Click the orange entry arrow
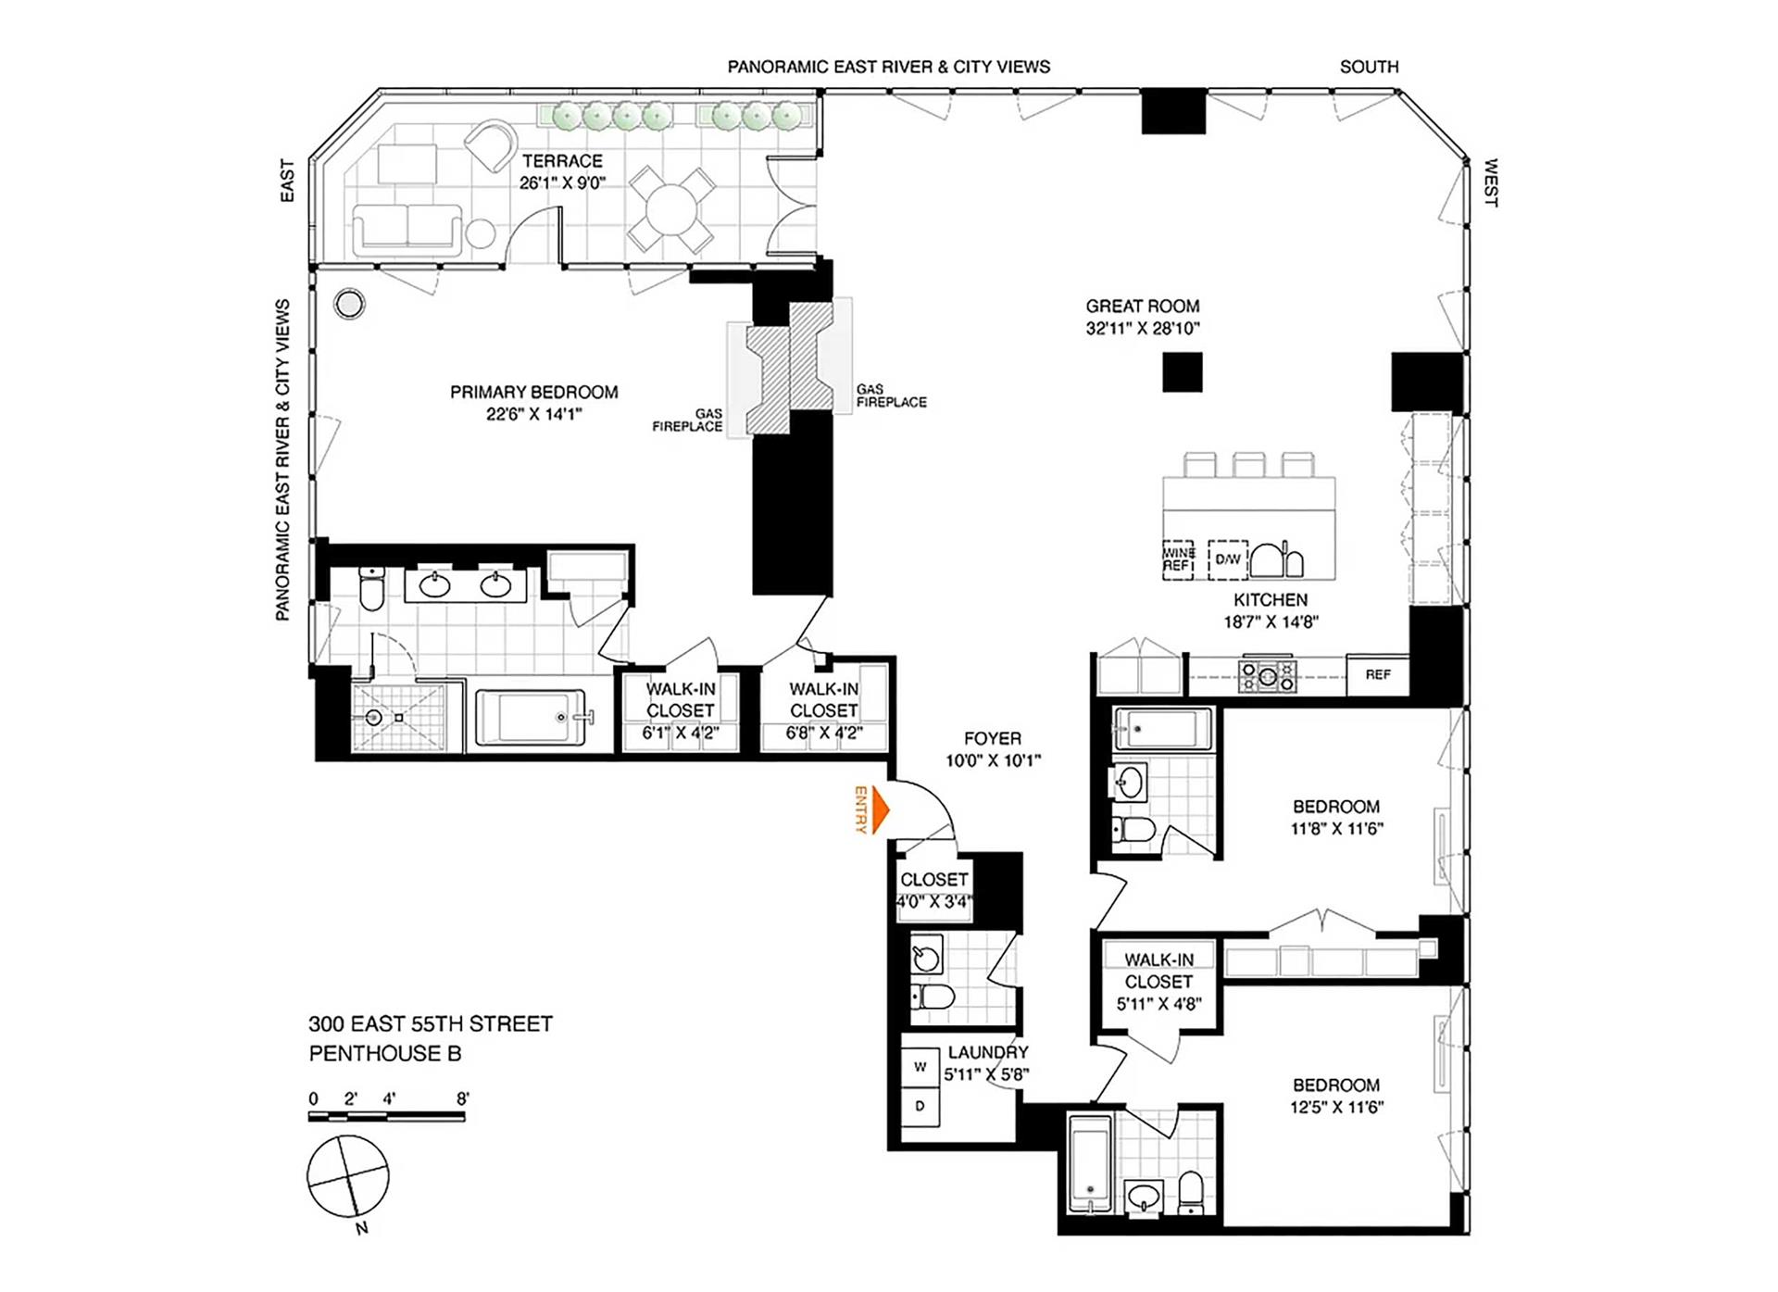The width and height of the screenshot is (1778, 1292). coord(880,810)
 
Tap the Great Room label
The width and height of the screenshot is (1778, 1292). coord(1142,307)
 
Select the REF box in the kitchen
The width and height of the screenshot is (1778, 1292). coord(1377,675)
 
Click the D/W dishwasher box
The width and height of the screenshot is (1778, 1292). coord(1228,559)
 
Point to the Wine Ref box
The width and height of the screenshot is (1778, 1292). coord(1178,559)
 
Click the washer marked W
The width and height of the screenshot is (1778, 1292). coord(920,1067)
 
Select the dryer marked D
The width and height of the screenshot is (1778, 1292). coord(920,1106)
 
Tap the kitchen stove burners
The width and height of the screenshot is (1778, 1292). coord(1268,676)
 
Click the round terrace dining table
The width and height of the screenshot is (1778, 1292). coord(672,210)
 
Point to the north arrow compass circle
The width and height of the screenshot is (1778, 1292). coord(348,1176)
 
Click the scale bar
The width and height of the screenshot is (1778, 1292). coord(386,1117)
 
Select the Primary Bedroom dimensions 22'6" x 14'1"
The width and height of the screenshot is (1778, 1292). coord(534,415)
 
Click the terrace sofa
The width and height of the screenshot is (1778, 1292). coord(407,228)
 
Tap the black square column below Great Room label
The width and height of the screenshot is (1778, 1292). coord(1183,372)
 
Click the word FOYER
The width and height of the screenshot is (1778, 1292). coord(993,739)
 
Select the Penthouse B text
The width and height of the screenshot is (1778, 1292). coord(385,1054)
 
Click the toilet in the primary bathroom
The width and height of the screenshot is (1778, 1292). coord(371,589)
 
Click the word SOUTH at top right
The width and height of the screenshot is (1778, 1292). coord(1369,68)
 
